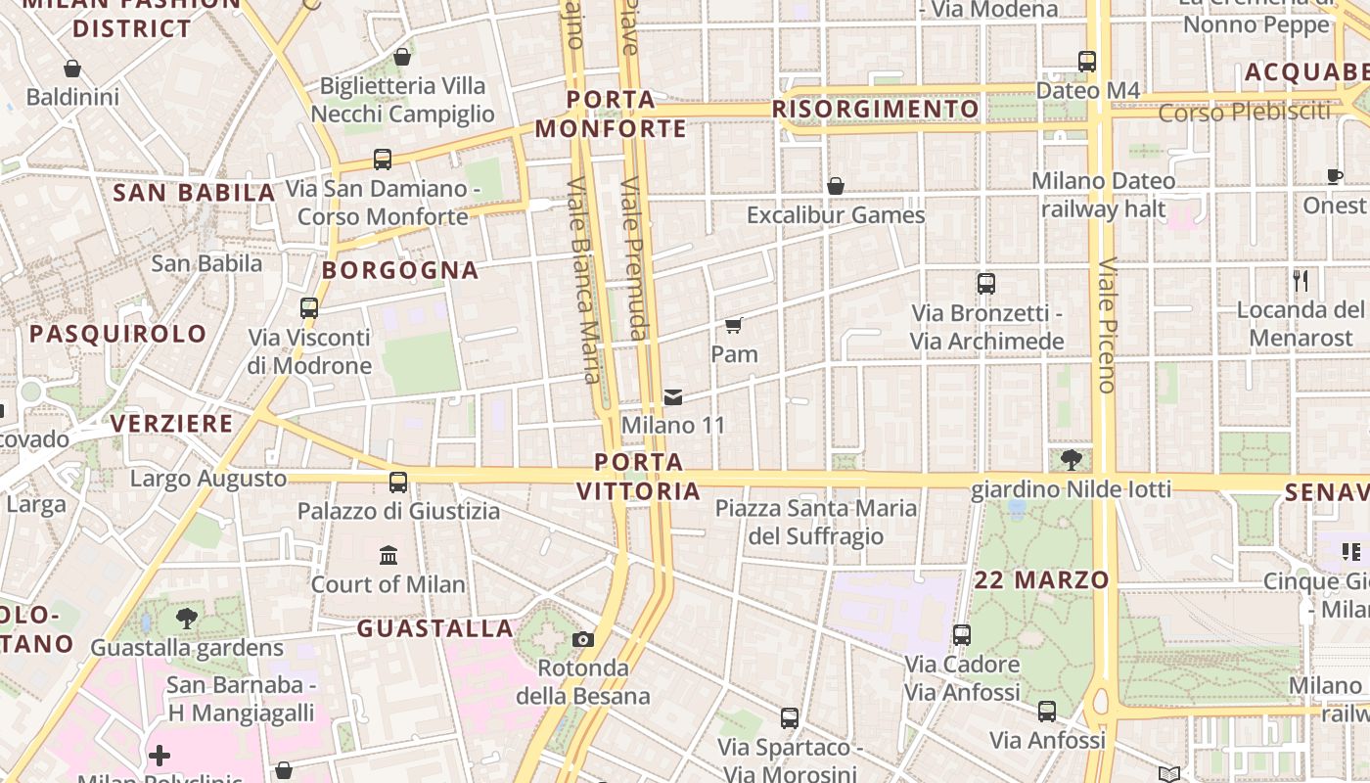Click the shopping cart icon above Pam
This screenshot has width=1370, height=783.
click(734, 325)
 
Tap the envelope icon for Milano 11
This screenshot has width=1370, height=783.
click(673, 397)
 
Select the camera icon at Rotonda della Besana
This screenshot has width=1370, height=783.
click(583, 640)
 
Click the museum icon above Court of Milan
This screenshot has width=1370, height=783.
click(388, 556)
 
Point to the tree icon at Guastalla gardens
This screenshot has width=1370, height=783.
click(186, 619)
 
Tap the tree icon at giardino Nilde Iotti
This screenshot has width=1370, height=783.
click(1071, 460)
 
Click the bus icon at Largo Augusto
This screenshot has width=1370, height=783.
click(398, 482)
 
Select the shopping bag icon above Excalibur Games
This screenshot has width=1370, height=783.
click(836, 186)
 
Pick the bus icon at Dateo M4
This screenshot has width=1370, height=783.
click(1086, 61)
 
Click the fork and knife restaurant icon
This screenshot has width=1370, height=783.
click(1301, 281)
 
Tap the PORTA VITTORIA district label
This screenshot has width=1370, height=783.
click(639, 476)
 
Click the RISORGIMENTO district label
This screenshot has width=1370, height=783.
click(876, 109)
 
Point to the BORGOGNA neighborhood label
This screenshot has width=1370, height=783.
click(400, 270)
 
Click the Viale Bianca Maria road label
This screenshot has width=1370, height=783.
click(583, 280)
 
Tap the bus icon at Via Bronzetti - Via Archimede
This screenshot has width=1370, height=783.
click(986, 284)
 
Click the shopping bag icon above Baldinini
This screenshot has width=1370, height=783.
click(71, 69)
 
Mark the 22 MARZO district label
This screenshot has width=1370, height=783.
click(1042, 579)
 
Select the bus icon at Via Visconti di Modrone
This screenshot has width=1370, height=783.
click(309, 308)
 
